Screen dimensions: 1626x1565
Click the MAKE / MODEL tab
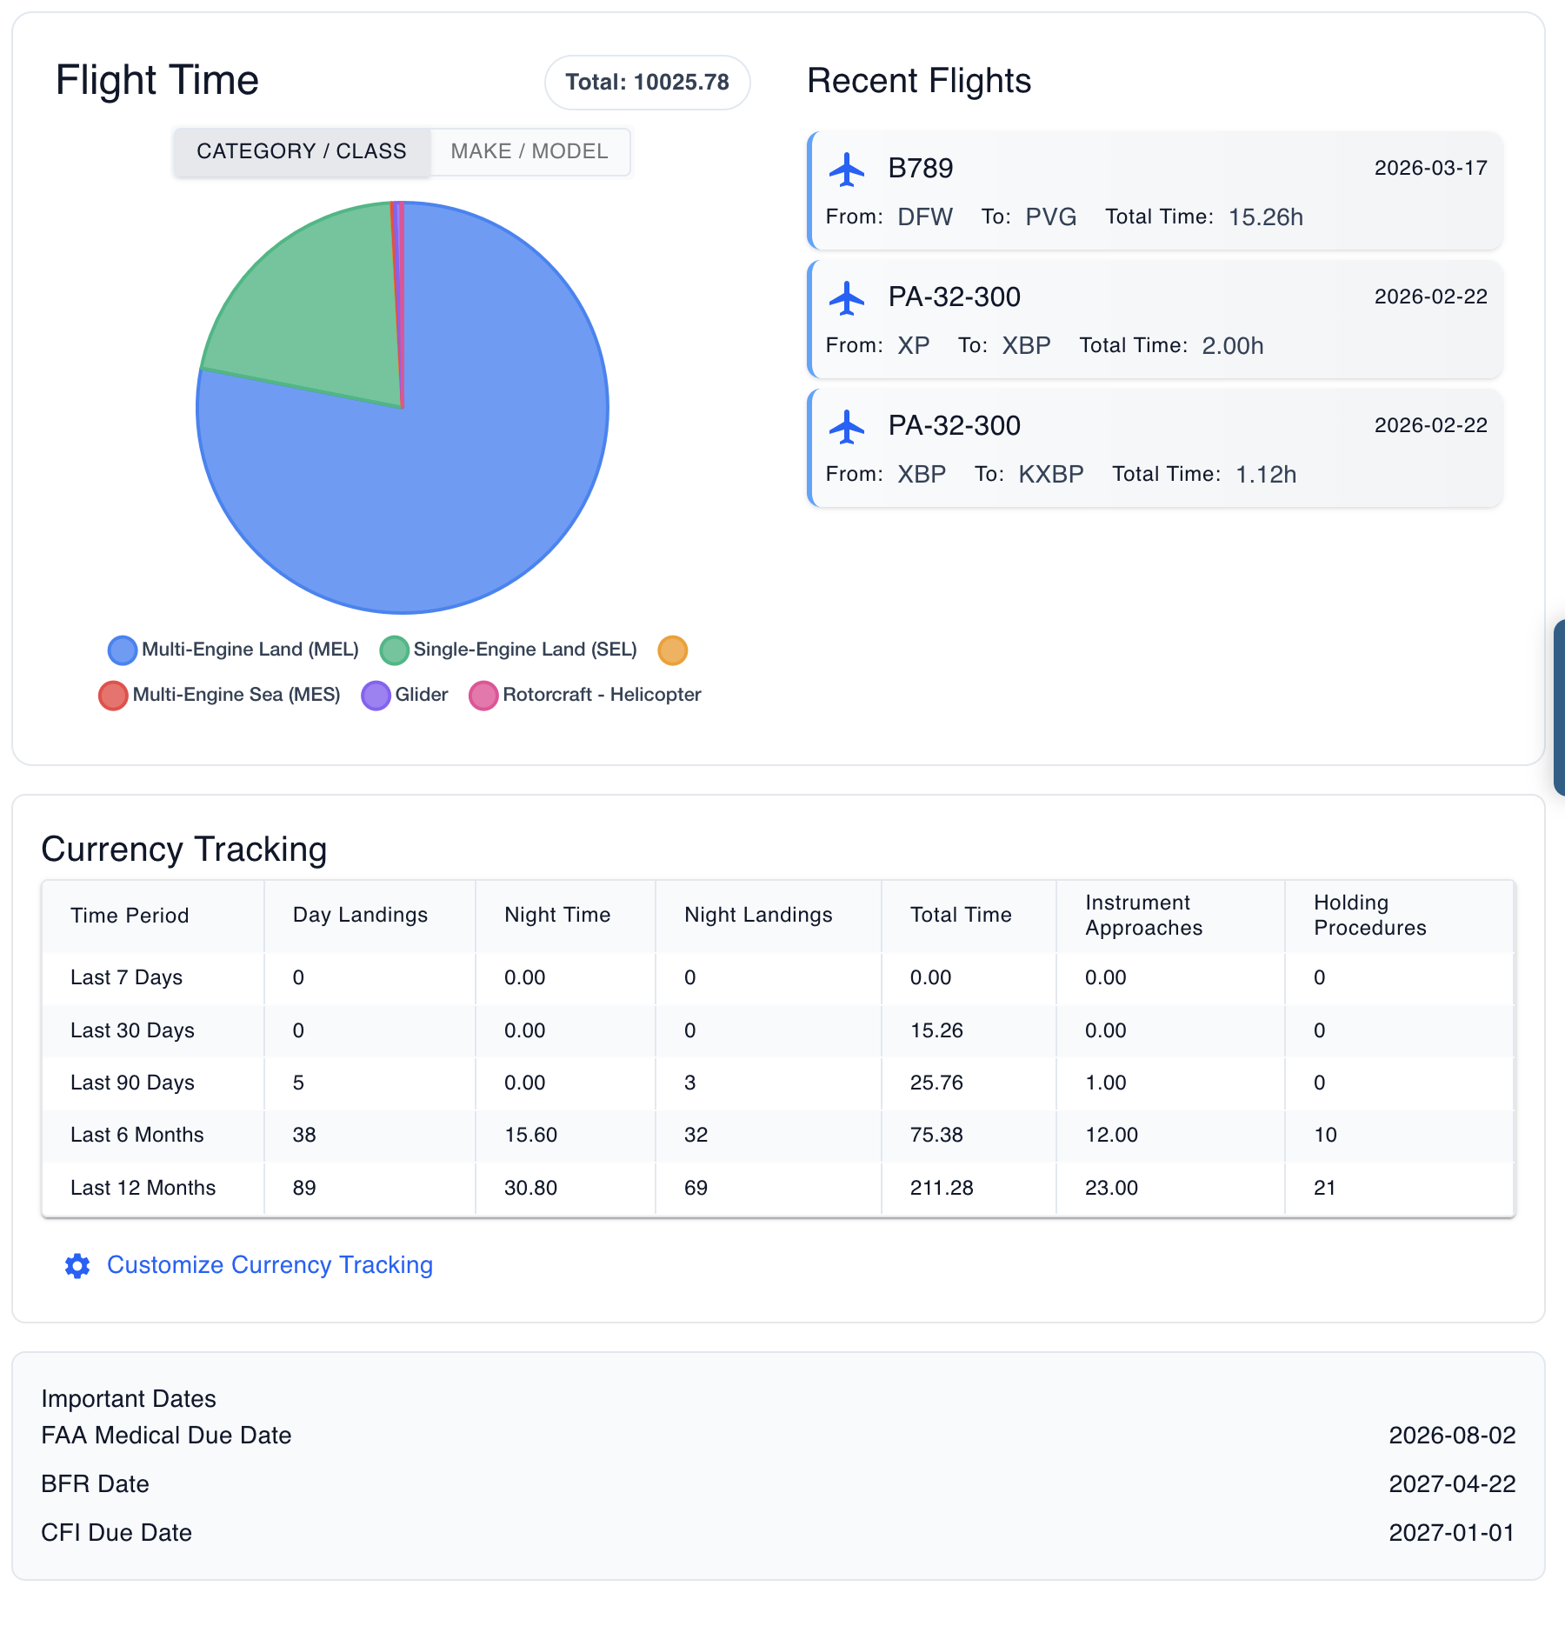(529, 151)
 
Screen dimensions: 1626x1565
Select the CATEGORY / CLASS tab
(301, 151)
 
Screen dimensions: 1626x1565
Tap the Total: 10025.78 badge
(647, 83)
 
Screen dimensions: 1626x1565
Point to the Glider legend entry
(405, 695)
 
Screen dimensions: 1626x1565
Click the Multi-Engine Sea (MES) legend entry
(220, 695)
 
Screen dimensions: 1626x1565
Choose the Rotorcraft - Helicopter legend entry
(585, 695)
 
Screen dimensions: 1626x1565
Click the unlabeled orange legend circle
(672, 650)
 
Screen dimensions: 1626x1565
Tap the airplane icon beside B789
(846, 170)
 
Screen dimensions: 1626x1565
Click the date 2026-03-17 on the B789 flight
(1430, 168)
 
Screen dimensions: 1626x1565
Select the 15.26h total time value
(1265, 217)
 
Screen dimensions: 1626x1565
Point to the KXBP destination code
(1051, 475)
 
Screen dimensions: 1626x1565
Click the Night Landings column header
(758, 915)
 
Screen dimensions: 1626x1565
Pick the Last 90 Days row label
(132, 1083)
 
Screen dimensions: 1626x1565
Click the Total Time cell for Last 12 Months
(942, 1188)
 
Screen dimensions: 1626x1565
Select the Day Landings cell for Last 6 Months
(304, 1135)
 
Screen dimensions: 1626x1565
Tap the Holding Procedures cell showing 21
(1324, 1188)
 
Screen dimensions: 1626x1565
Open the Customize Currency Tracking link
(270, 1265)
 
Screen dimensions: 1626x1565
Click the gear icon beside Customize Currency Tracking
(77, 1266)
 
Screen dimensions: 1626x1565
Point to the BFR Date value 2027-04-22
(1451, 1484)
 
